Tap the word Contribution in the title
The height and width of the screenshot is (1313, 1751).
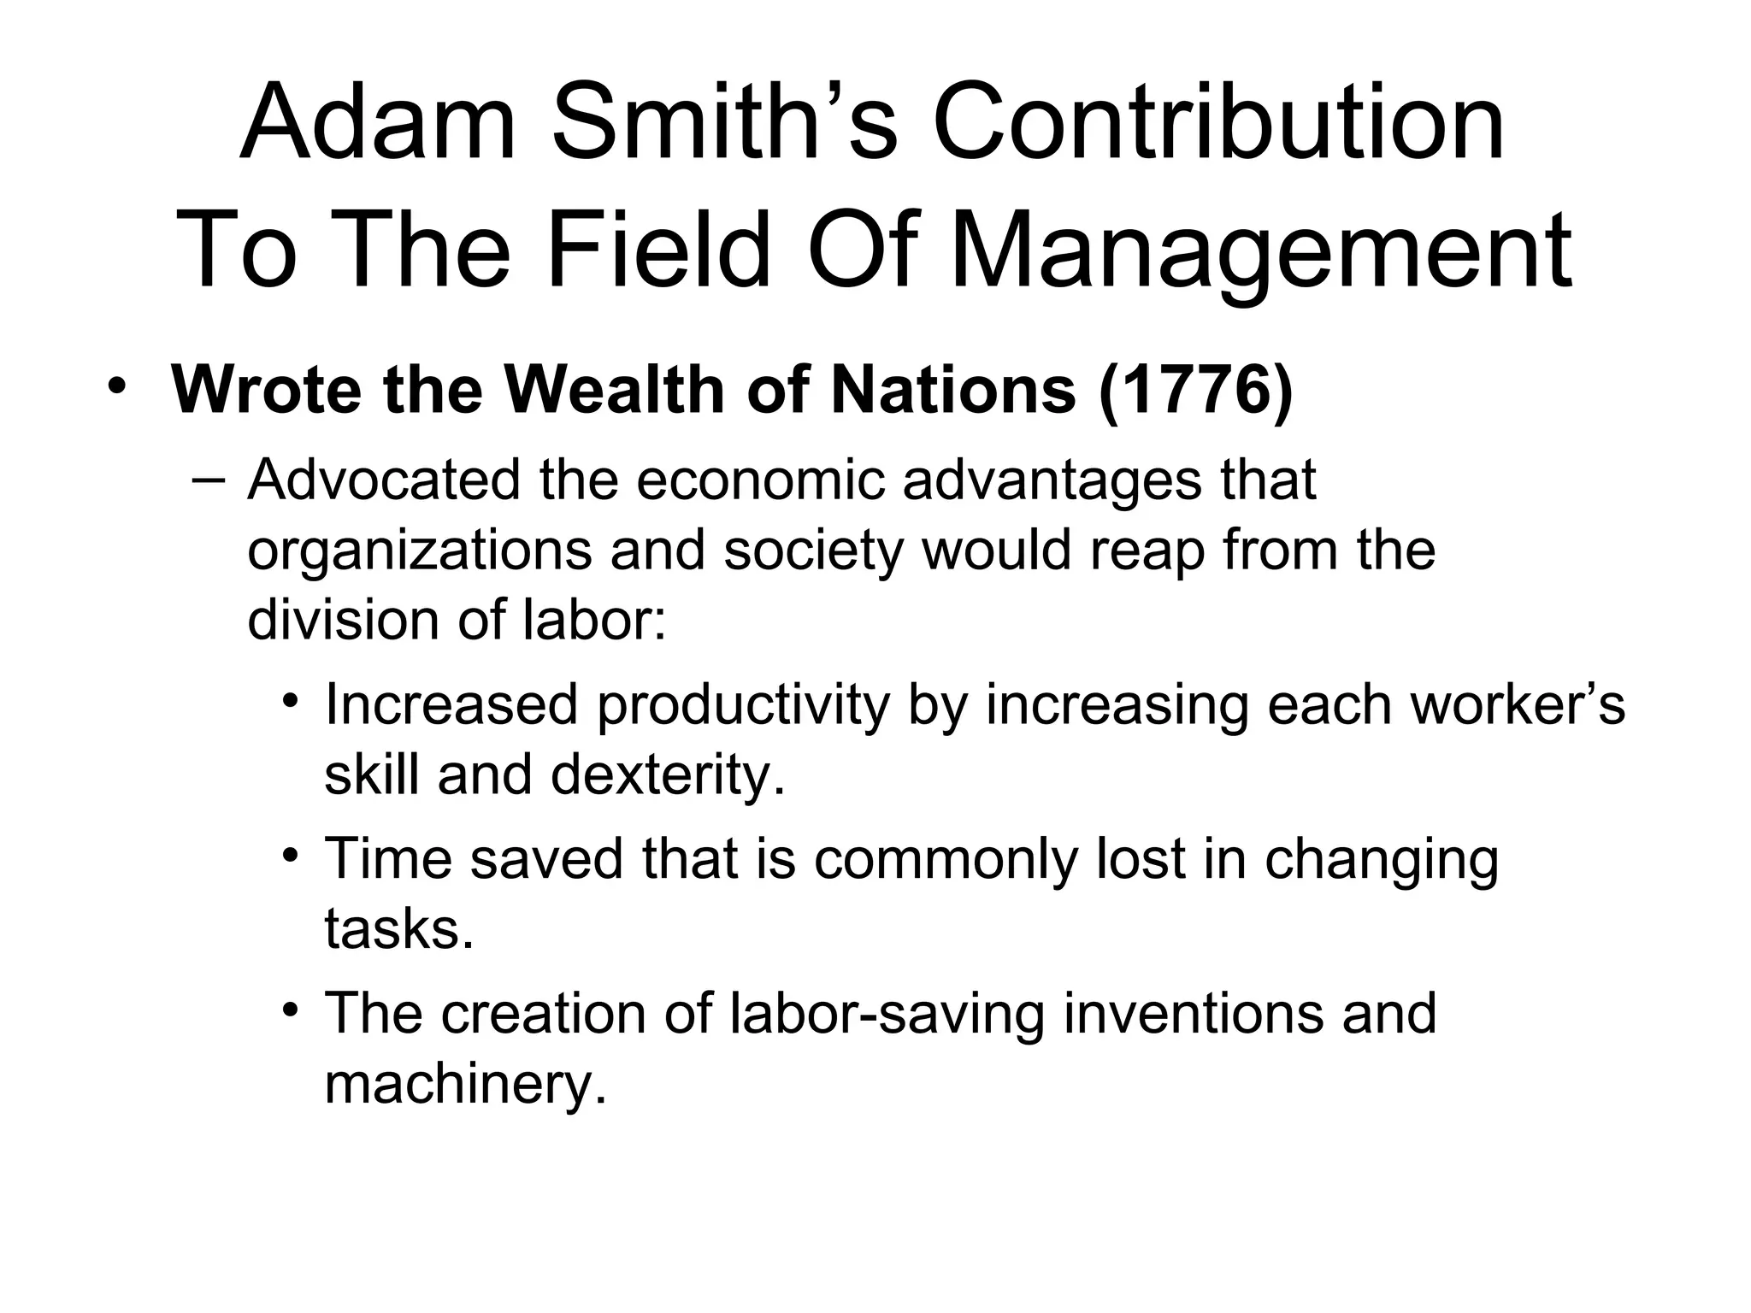[1218, 124]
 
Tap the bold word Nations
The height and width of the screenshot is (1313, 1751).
[953, 391]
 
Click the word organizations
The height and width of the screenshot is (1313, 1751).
[419, 551]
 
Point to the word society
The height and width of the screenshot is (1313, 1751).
[813, 551]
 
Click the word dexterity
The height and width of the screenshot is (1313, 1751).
[668, 775]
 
